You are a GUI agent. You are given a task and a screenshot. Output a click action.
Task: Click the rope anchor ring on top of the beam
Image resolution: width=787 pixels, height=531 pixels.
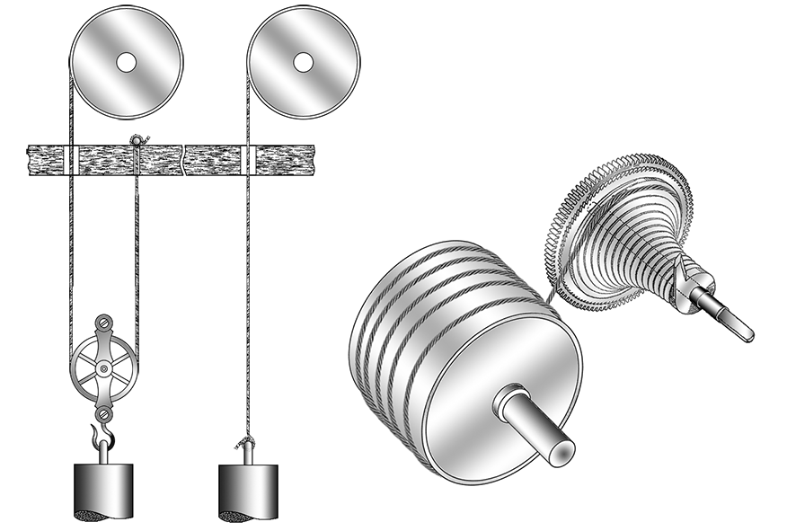pyautogui.click(x=137, y=139)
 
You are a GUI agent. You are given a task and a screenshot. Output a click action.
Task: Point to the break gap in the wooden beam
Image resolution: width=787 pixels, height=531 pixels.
pyautogui.click(x=183, y=158)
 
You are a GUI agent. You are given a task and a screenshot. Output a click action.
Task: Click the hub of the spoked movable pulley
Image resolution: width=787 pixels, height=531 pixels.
pyautogui.click(x=107, y=367)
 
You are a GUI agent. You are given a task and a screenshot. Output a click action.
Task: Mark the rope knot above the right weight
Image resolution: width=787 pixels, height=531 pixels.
pyautogui.click(x=244, y=442)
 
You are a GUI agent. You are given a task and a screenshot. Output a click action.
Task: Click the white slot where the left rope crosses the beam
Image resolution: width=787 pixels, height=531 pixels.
pyautogui.click(x=70, y=158)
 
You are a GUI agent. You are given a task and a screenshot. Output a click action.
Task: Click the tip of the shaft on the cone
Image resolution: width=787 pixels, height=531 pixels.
pyautogui.click(x=747, y=333)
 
